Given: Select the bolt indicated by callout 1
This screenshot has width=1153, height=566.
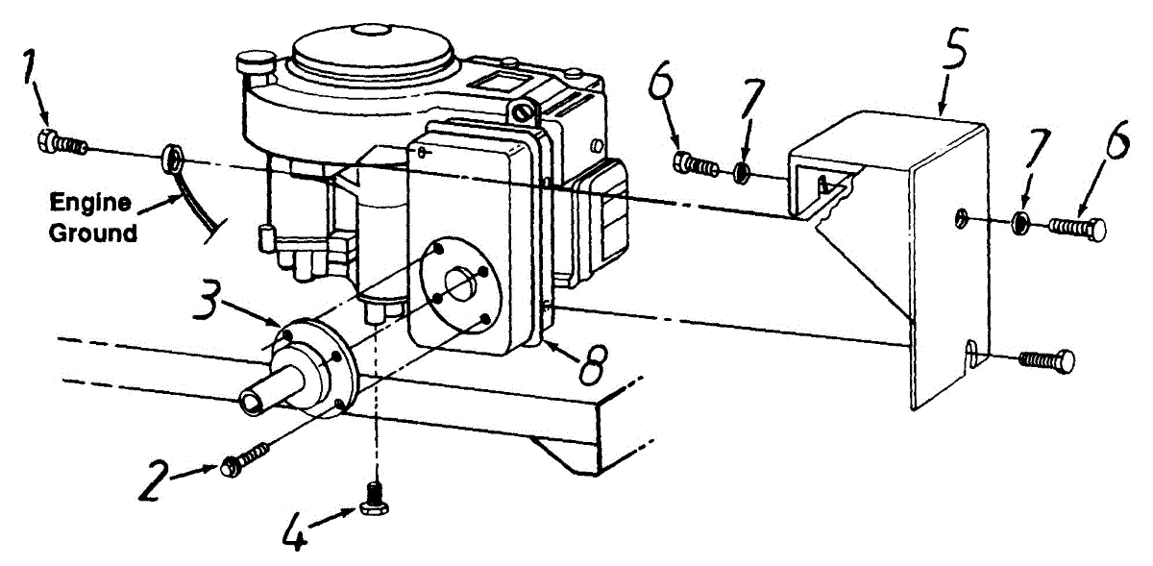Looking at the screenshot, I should pyautogui.click(x=61, y=144).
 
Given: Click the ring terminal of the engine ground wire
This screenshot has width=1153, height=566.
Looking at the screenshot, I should pyautogui.click(x=173, y=153).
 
